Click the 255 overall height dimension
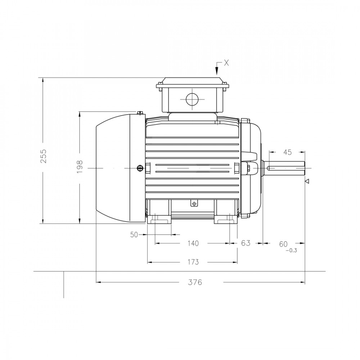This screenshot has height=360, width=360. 44,156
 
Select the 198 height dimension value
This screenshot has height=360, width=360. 80,166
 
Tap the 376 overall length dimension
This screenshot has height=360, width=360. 195,282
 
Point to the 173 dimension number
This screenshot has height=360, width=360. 193,262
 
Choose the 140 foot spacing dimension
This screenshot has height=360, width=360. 193,243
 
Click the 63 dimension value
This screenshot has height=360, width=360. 246,243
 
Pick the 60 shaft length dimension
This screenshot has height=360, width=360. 283,244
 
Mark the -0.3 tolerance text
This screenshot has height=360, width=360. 291,251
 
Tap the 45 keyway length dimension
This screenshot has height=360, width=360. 287,152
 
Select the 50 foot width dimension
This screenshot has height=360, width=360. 134,235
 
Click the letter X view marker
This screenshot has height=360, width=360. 226,63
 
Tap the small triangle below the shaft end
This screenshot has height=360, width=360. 307,181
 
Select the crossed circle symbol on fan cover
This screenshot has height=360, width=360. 140,168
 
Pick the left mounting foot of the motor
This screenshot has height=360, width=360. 159,219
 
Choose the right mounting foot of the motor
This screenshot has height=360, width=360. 226,219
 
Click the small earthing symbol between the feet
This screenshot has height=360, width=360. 194,204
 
